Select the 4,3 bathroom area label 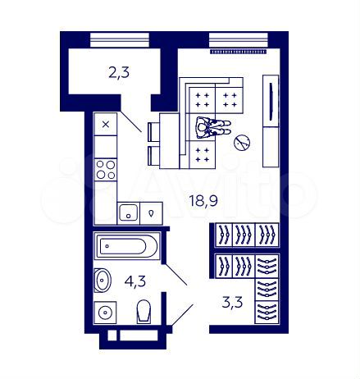136,281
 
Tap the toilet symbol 144,312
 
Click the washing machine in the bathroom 104,313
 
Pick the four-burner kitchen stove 106,169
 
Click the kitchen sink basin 128,213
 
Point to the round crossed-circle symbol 242,143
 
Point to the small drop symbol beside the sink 151,213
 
